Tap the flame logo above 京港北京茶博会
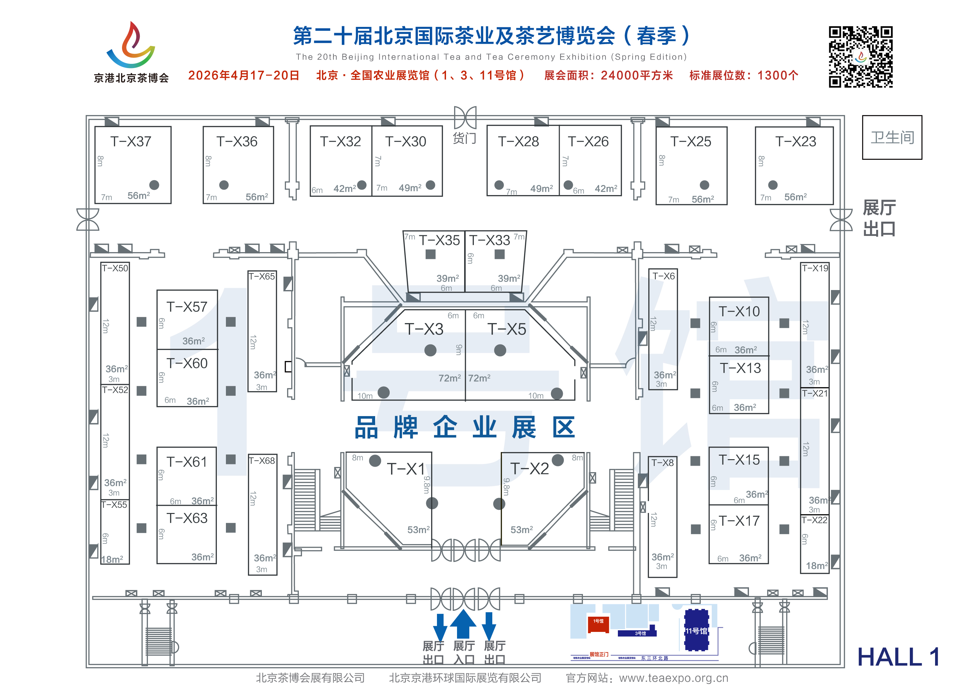click(131, 45)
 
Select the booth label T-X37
click(131, 141)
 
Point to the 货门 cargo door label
click(464, 138)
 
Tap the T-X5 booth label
click(506, 329)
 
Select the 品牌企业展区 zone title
click(465, 427)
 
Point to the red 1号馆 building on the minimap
click(598, 623)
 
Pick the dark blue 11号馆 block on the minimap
click(696, 630)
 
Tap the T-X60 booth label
click(187, 363)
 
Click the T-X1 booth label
click(406, 469)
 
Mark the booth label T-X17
click(739, 521)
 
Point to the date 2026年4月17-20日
click(244, 76)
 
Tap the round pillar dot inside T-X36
click(224, 185)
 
